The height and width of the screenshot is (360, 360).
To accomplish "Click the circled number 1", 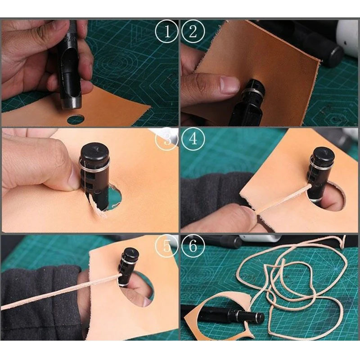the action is pyautogui.click(x=166, y=31).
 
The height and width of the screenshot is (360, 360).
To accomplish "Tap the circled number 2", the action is pyautogui.click(x=193, y=31).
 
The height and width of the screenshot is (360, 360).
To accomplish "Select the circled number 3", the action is pyautogui.click(x=166, y=139).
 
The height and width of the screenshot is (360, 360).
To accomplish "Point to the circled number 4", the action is pyautogui.click(x=193, y=139).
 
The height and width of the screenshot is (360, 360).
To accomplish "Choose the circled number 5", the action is pyautogui.click(x=166, y=246).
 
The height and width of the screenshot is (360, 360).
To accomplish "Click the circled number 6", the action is pyautogui.click(x=193, y=246).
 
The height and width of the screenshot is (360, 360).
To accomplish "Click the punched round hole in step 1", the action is pyautogui.click(x=76, y=119).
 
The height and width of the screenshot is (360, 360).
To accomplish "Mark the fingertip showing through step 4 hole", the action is pyautogui.click(x=331, y=202).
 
